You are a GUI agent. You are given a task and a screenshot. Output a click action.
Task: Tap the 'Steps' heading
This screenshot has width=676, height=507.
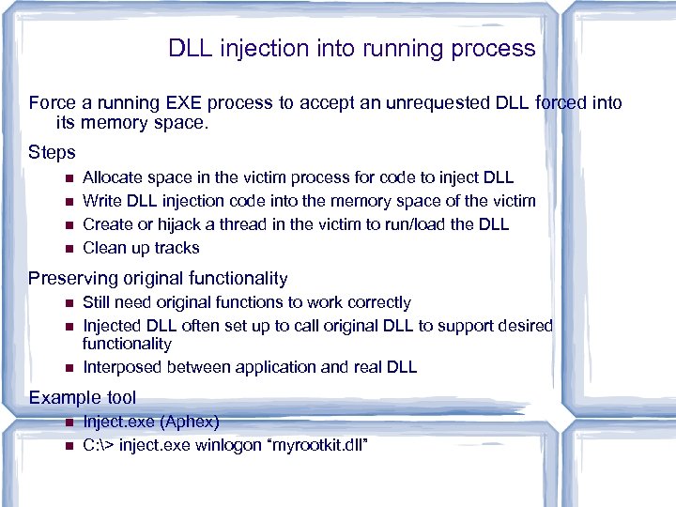52,151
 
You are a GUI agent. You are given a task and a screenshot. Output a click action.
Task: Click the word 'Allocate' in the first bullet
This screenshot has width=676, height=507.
112,177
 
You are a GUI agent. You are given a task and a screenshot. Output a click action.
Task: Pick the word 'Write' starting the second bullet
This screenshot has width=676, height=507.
101,200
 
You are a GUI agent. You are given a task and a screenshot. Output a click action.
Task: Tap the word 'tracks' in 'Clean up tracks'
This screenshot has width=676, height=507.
177,248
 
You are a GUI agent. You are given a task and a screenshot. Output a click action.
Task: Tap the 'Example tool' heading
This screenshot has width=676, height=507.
82,397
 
